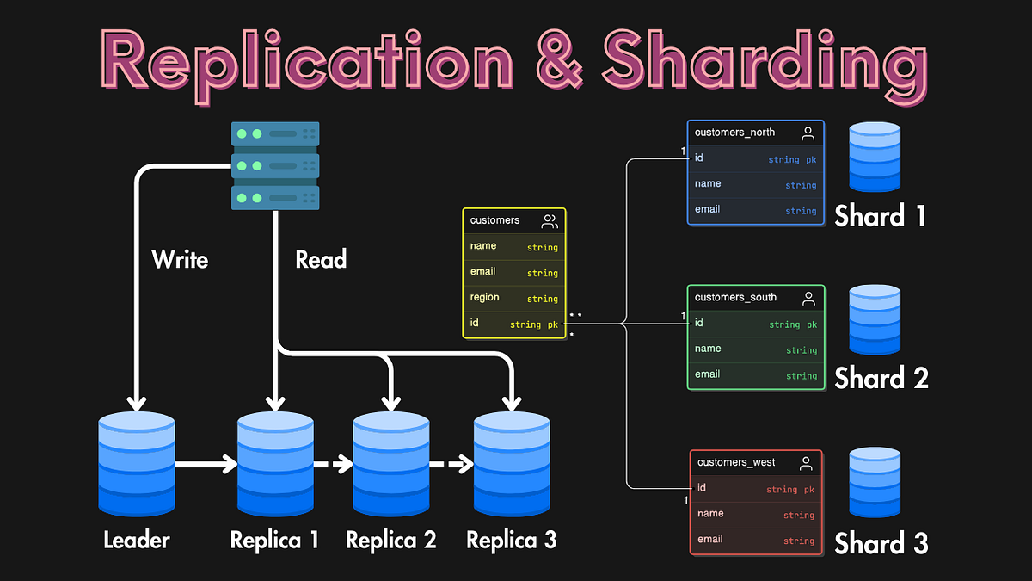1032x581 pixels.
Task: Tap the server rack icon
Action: point(275,165)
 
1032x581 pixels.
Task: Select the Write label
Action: point(180,259)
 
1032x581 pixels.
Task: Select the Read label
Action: point(321,259)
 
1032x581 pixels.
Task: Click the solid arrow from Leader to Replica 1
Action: point(206,465)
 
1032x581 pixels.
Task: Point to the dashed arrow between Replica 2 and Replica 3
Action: point(451,465)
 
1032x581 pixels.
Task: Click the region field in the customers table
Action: point(513,298)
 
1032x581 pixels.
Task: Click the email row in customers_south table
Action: point(755,374)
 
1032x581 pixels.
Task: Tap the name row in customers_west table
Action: point(755,514)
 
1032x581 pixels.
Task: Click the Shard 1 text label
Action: point(880,215)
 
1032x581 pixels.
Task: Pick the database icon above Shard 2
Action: point(875,319)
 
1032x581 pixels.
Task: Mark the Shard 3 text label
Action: point(881,544)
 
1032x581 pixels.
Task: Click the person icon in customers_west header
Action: point(806,463)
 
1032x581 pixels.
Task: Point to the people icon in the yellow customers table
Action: point(550,221)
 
